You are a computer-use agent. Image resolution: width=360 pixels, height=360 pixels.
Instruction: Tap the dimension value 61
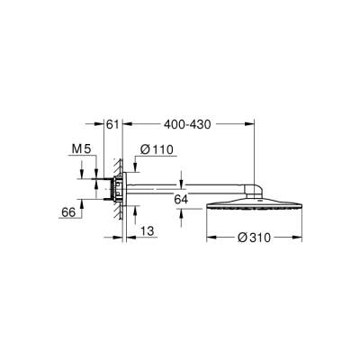(x=112, y=124)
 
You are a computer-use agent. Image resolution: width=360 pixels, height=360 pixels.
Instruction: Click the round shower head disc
(x=254, y=201)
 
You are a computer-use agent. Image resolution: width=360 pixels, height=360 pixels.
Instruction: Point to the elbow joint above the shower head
(x=255, y=188)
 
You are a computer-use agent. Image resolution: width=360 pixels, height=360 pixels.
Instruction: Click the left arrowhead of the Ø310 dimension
(x=211, y=239)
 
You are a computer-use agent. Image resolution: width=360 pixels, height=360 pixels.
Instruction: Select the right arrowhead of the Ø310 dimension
(x=297, y=239)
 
